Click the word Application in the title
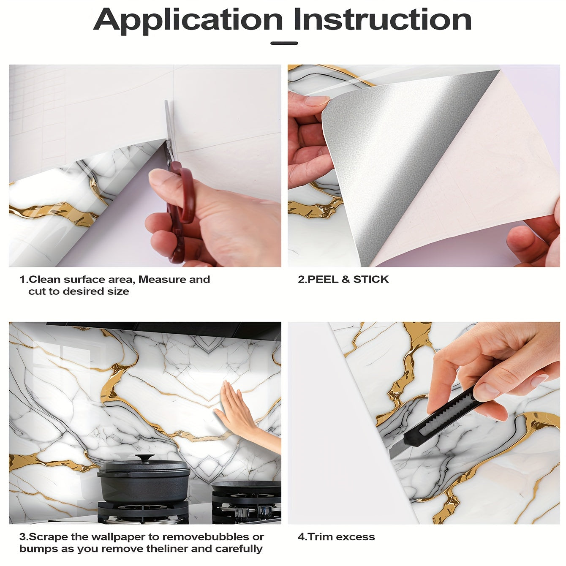tap(188, 19)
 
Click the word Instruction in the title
tap(382, 19)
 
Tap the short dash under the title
tap(284, 43)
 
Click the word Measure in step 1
tap(162, 279)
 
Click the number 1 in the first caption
tap(22, 279)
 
